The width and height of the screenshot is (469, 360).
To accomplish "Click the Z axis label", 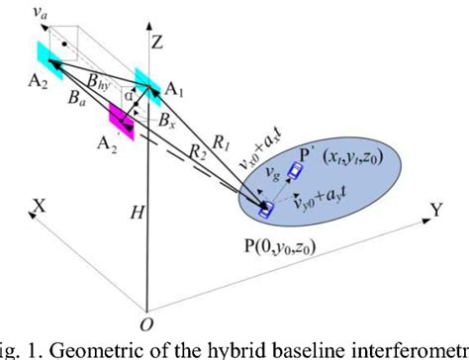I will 155,44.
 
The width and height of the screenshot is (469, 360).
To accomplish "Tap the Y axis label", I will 434,210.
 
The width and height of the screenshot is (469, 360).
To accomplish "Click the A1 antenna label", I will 176,90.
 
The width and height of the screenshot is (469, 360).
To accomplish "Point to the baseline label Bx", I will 166,127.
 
